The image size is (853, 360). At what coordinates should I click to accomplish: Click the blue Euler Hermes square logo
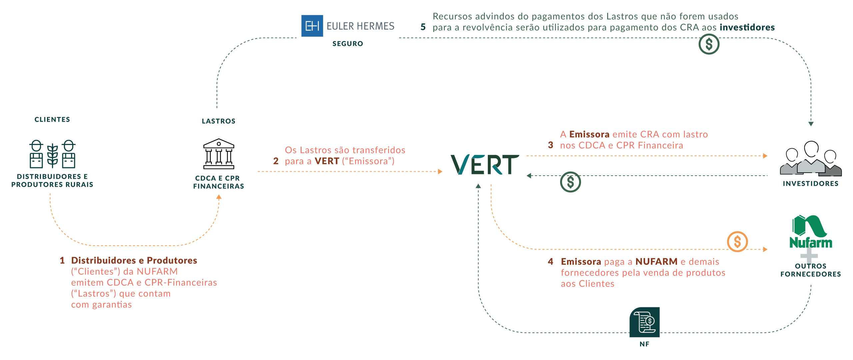[x=312, y=26]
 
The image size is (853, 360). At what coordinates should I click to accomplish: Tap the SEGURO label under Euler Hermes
[x=348, y=44]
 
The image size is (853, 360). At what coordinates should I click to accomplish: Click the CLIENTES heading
[x=52, y=119]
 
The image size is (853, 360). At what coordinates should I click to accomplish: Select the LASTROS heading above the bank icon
[x=219, y=121]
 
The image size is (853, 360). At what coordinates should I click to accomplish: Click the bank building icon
[x=219, y=154]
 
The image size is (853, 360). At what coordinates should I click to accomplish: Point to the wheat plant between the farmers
[x=53, y=156]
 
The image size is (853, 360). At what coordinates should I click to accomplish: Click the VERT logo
[x=485, y=164]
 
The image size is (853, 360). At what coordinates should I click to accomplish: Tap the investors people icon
[x=811, y=158]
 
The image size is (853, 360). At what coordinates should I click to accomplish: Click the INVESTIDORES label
[x=811, y=184]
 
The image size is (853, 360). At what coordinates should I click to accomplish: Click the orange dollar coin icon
[x=737, y=242]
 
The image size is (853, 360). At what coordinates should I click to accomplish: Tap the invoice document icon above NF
[x=644, y=322]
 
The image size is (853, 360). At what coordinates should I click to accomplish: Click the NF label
[x=644, y=344]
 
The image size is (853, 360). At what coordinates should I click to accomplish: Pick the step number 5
[x=423, y=27]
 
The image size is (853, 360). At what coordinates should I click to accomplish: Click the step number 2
[x=276, y=161]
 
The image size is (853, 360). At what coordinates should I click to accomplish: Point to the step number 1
[x=62, y=260]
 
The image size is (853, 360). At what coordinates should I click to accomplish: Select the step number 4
[x=550, y=262]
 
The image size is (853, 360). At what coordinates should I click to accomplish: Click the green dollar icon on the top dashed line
[x=709, y=44]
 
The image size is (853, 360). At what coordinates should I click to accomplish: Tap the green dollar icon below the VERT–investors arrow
[x=570, y=182]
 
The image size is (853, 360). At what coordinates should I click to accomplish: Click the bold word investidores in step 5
[x=747, y=27]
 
